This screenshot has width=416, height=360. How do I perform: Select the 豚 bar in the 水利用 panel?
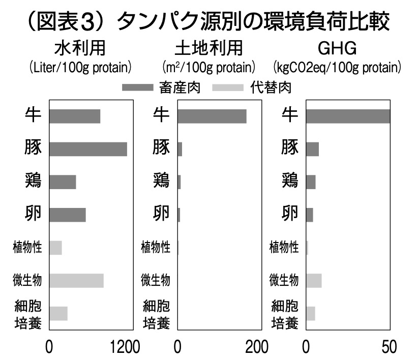(88, 148)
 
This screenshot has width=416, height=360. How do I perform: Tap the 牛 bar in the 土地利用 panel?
(212, 116)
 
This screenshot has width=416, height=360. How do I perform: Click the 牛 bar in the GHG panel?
(348, 116)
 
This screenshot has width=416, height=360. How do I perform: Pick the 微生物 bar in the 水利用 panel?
(76, 281)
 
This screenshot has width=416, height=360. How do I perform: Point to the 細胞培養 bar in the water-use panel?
(58, 313)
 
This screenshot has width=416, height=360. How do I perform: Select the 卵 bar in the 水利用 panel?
(68, 215)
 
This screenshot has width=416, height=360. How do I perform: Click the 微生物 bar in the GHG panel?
(314, 281)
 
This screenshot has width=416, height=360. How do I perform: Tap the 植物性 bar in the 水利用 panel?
(55, 248)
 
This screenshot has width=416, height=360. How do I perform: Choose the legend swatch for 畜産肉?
(137, 88)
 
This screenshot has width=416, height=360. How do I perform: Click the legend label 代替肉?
(271, 88)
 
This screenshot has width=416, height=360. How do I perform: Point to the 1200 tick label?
(125, 348)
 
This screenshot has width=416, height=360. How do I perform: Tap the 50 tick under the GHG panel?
(389, 348)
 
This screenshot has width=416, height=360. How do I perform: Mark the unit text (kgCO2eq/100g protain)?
(337, 67)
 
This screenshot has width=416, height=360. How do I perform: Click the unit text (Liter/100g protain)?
(80, 67)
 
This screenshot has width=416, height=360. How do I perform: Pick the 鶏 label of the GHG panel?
(290, 181)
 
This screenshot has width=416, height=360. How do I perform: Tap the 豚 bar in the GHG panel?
(312, 149)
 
